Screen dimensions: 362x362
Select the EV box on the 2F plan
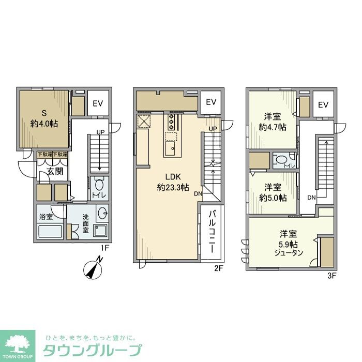211,102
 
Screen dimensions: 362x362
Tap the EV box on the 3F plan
324,105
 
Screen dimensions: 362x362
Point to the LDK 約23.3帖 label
172,182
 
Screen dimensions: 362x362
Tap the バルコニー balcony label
212,231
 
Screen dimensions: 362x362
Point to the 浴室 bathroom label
46,218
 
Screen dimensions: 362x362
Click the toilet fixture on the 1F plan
99,184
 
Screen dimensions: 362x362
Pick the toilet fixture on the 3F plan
282,160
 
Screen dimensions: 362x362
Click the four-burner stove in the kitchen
170,123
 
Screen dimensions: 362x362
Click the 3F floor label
331,276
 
